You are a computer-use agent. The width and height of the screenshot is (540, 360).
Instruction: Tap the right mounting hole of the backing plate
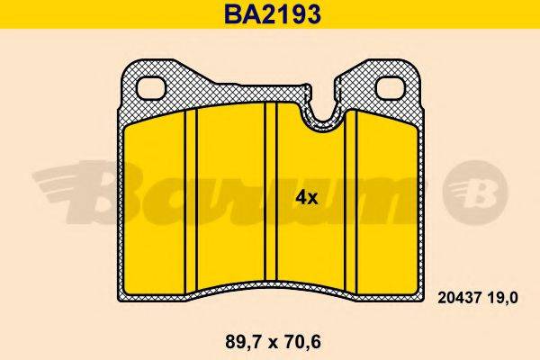[x=389, y=87]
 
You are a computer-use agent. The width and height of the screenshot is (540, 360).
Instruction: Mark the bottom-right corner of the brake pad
[x=419, y=296]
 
